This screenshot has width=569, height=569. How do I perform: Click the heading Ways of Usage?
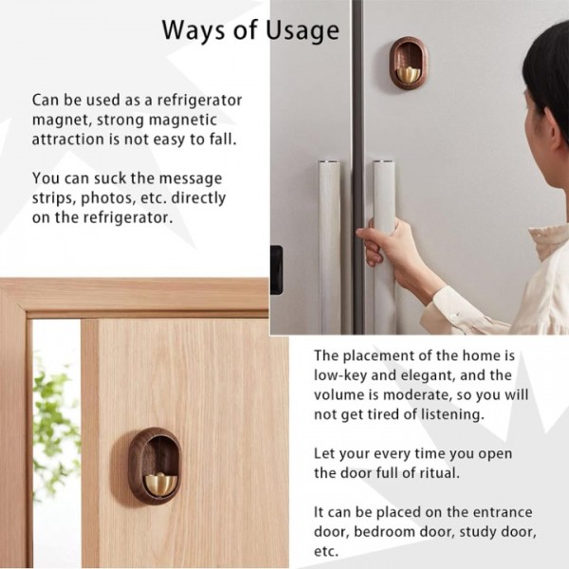click(249, 30)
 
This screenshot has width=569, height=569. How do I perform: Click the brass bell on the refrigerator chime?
click(407, 72)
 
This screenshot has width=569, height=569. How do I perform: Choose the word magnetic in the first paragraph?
click(178, 119)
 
